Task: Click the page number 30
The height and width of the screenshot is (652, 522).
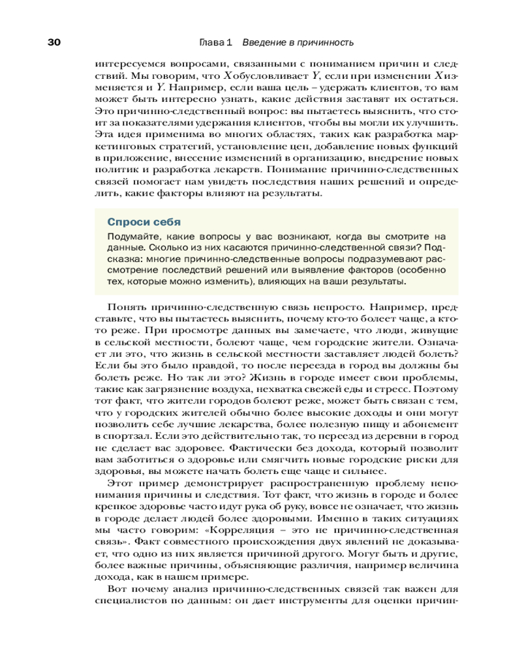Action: tap(54, 42)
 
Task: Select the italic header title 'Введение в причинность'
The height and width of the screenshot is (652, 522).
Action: tap(298, 42)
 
